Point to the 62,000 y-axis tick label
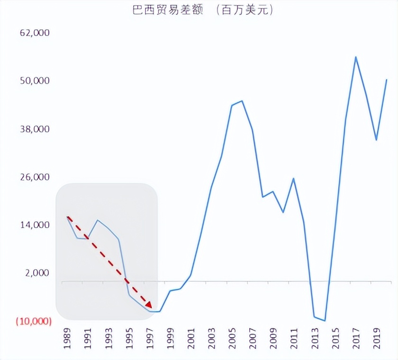pyautogui.click(x=34, y=33)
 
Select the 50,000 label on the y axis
pyautogui.click(x=34, y=81)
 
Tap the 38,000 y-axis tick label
pyautogui.click(x=34, y=129)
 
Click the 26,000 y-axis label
pyautogui.click(x=34, y=177)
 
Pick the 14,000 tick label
pyautogui.click(x=34, y=225)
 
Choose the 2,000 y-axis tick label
pyautogui.click(x=36, y=273)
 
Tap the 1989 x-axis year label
pyautogui.click(x=67, y=337)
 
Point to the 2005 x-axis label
pyautogui.click(x=232, y=337)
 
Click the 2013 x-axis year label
pyautogui.click(x=315, y=337)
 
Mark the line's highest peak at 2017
pyautogui.click(x=355, y=57)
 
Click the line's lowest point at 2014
pyautogui.click(x=325, y=321)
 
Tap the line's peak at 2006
pyautogui.click(x=242, y=101)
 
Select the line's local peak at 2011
pyautogui.click(x=294, y=179)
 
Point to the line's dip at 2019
pyautogui.click(x=376, y=140)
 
